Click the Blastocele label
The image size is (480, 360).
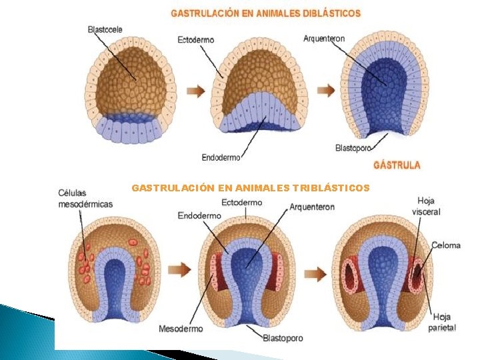coord(105,29)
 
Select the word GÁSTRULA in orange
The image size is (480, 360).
coord(397,165)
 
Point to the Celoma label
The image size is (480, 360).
coord(445,245)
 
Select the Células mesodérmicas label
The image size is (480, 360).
coord(85,199)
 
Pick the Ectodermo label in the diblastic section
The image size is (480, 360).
coord(196,40)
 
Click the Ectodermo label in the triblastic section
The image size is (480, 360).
coord(242,202)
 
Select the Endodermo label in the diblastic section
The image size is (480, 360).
coord(221,158)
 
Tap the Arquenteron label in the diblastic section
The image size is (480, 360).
coord(325,39)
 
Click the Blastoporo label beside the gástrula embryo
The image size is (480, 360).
coord(353,148)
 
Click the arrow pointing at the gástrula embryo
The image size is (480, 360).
coord(325,90)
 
